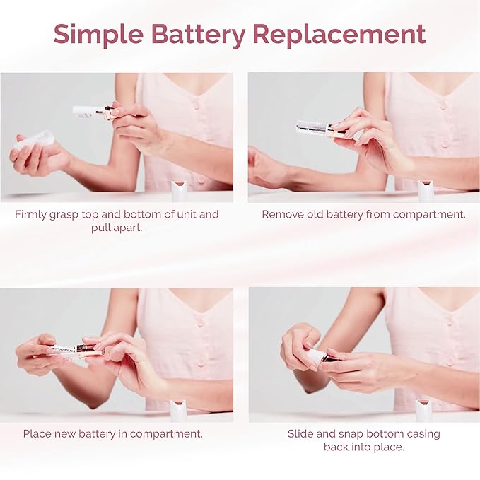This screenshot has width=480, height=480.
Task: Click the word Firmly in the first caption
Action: (33, 214)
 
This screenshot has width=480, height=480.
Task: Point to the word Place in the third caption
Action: (37, 433)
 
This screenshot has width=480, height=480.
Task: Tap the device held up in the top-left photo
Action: (92, 112)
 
